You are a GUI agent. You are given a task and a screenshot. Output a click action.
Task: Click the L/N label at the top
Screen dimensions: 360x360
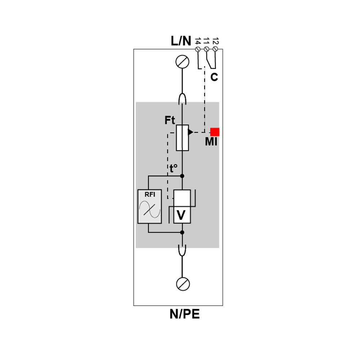[181, 41]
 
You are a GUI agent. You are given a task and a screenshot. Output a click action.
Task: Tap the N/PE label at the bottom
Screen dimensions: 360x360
[184, 314]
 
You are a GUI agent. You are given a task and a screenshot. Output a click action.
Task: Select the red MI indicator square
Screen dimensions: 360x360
[215, 132]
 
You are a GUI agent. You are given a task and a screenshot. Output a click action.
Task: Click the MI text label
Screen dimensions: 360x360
[211, 142]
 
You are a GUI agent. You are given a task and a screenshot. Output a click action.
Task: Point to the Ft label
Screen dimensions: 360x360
[170, 120]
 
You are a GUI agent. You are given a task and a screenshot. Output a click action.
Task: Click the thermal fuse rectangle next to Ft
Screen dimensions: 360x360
[183, 138]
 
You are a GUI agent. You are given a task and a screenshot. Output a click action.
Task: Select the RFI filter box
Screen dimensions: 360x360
[149, 206]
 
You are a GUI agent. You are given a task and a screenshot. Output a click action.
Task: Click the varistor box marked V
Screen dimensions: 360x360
[182, 206]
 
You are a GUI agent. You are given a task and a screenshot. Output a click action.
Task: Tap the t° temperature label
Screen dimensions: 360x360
[174, 168]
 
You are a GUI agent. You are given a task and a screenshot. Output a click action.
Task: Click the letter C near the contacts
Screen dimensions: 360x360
[214, 77]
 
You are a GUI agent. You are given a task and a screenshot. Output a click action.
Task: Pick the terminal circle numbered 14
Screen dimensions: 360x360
[198, 49]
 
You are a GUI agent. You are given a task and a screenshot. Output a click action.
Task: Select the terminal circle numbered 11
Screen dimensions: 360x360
[206, 49]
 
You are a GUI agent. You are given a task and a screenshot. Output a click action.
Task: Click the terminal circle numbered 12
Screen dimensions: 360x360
[215, 49]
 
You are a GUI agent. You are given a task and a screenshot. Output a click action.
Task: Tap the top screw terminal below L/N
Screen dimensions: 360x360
[183, 62]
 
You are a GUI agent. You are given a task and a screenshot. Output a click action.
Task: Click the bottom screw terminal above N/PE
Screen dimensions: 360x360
[183, 284]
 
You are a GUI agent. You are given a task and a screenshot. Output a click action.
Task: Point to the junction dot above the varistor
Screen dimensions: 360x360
[182, 176]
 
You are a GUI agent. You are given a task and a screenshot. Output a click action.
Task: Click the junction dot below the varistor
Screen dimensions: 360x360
[182, 232]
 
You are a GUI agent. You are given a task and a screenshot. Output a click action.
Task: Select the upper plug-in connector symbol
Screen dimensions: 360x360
[183, 98]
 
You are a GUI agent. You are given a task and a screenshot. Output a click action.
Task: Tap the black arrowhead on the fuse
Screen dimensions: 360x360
[190, 132]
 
